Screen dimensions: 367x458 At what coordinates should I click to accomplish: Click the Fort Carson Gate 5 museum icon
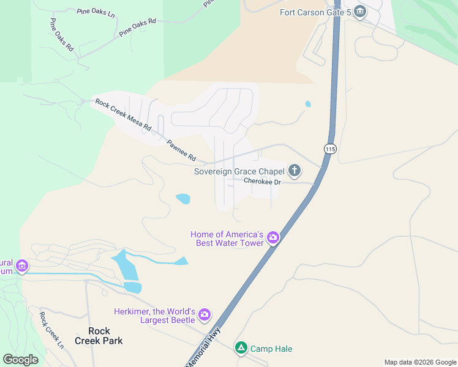coord(360,12)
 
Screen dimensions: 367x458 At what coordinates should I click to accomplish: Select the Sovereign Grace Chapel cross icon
coord(295,171)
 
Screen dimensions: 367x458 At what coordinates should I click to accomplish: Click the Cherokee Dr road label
coord(262,182)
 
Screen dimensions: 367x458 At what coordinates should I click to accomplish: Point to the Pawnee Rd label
coord(181,149)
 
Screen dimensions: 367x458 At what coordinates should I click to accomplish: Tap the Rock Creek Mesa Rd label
coord(123,114)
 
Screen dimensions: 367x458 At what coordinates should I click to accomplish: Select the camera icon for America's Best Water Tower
coord(273,238)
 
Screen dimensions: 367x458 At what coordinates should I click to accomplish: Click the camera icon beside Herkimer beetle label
coord(205,315)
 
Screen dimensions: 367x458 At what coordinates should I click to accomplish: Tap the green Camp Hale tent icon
coord(241,348)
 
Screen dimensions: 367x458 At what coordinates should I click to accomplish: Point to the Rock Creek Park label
coord(99,336)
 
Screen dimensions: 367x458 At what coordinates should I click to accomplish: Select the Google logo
coord(20,359)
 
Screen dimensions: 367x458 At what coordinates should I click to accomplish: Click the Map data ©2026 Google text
coord(420,362)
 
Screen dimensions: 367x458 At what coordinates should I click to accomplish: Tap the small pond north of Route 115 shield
coord(307,104)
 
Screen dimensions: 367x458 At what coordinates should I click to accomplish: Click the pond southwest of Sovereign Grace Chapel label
coord(182,198)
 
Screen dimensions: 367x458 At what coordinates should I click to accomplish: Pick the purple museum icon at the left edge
coord(23,266)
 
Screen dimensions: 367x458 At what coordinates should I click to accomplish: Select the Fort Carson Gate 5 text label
coord(315,12)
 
